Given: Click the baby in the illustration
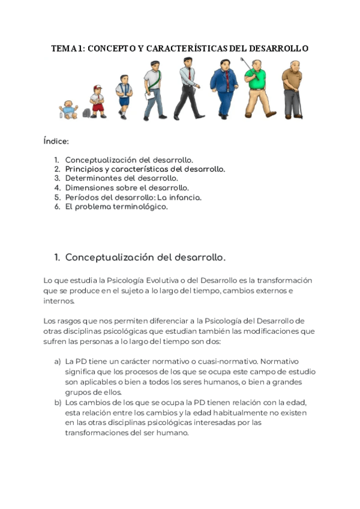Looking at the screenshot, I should (x=70, y=109).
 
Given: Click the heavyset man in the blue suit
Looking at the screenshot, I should (x=224, y=88).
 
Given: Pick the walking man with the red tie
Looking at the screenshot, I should (x=188, y=88).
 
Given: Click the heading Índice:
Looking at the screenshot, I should (x=56, y=142).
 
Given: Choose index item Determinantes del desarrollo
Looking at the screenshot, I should (x=121, y=178).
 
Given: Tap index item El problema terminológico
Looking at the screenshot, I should (x=116, y=206).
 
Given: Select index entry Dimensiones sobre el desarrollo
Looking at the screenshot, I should (x=127, y=188).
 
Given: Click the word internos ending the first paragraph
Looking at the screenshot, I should (x=59, y=301).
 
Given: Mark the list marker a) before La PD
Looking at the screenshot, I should (x=58, y=362).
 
